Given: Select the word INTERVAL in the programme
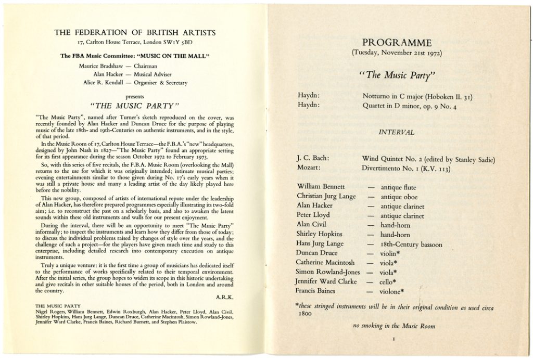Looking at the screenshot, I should (x=398, y=132).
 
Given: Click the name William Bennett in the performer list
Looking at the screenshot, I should (x=320, y=186).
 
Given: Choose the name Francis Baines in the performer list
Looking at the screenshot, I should (x=317, y=290).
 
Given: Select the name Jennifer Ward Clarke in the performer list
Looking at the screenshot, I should (x=326, y=281).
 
